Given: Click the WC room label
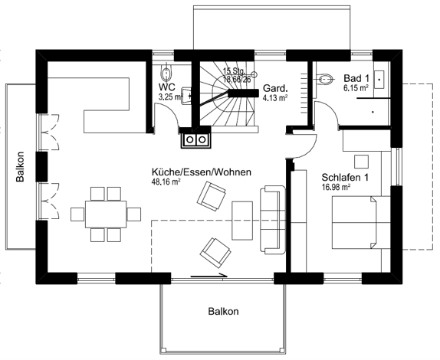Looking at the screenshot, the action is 166,87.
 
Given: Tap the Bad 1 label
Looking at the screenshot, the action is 356,78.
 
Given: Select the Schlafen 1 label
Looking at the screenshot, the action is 345,178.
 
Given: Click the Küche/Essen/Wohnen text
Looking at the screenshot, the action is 201,172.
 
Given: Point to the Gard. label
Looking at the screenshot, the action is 275,88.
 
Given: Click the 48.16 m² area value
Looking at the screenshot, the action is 166,182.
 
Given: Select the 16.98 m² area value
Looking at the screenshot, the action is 336,187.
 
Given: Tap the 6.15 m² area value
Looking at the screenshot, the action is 356,88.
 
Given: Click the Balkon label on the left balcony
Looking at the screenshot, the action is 20,166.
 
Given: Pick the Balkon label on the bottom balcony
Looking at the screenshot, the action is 223,312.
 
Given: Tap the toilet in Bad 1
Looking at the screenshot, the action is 325,79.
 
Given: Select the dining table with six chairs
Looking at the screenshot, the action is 106,214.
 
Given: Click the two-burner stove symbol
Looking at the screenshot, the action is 195,139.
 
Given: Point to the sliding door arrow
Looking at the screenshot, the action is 209,277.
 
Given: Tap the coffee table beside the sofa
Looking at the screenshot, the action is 242,221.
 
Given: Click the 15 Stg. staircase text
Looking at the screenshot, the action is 235,70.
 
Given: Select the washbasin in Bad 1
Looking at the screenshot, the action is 379,80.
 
